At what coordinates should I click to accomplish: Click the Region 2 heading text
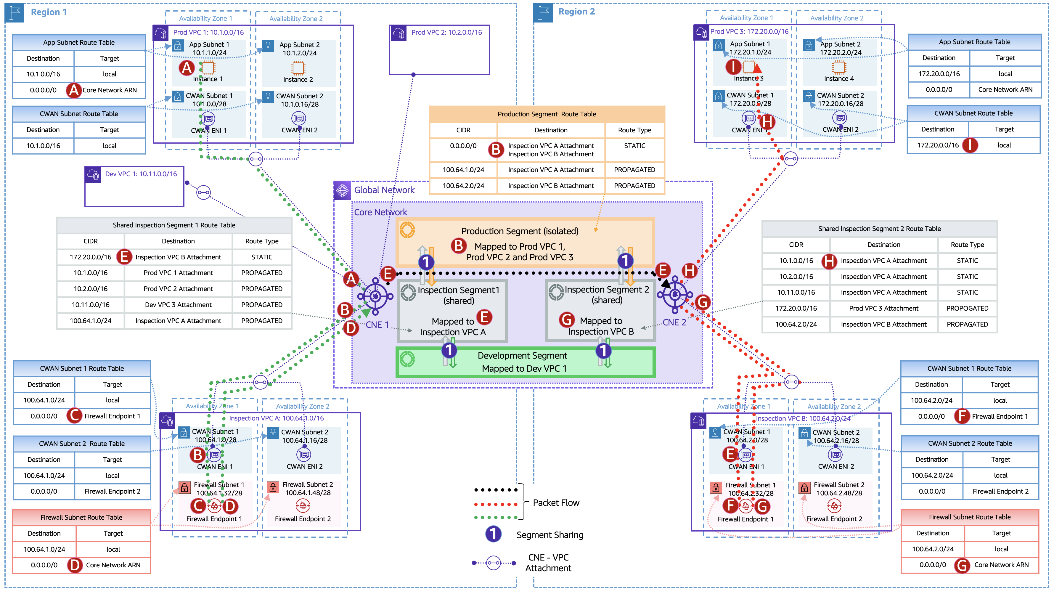coord(576,12)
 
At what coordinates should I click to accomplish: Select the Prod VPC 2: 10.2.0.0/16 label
coord(446,32)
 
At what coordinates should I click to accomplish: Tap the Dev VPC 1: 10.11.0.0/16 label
coord(141,174)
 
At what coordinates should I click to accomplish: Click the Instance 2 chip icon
coord(298,68)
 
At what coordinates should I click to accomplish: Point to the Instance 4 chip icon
coord(839,67)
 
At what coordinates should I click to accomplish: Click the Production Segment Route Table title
coord(546,114)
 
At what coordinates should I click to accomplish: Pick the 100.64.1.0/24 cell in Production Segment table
coord(463,170)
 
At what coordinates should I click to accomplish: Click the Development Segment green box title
coord(522,356)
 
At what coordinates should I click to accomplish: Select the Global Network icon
coord(342,190)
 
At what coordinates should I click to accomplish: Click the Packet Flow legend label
coord(556,503)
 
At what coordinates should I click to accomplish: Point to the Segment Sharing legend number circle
coord(494,534)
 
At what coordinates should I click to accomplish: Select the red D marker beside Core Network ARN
coord(75,565)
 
